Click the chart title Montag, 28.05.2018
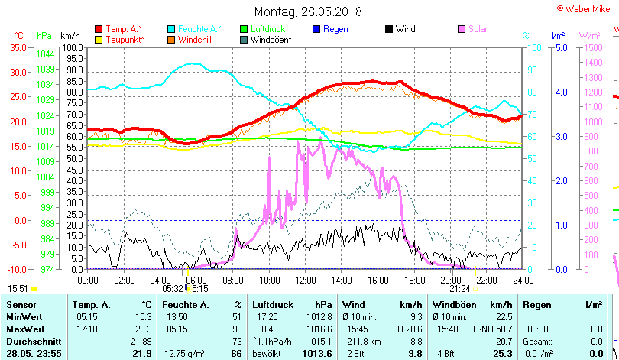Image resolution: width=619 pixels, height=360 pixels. tap(308, 11)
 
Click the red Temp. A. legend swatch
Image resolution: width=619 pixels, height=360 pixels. tap(99, 29)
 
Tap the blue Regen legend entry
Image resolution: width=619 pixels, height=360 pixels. tap(335, 29)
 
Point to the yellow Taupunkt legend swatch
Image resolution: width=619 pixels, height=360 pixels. tap(99, 39)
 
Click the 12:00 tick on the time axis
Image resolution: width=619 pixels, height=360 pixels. tap(305, 280)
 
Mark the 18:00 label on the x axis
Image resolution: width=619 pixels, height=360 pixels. tap(413, 280)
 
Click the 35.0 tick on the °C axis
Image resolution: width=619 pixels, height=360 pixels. tap(17, 47)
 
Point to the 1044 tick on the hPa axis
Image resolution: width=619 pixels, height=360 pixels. tap(45, 54)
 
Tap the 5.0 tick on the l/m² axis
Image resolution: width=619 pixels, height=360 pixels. tap(559, 47)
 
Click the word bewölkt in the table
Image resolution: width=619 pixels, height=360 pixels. tap(267, 352)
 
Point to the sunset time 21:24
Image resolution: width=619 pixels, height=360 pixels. tap(459, 289)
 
